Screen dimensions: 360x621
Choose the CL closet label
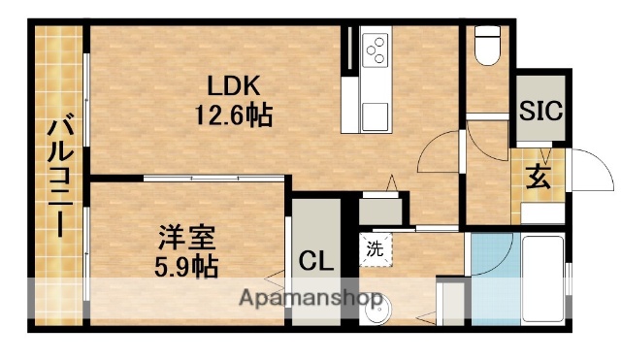pos(315,261)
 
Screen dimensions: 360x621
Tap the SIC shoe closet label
pos(539,111)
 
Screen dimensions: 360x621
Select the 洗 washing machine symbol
pos(375,247)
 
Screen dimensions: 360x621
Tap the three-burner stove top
pos(374,48)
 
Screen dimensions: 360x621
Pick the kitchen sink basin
pos(375,115)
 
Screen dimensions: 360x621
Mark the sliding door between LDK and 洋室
pos(213,178)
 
